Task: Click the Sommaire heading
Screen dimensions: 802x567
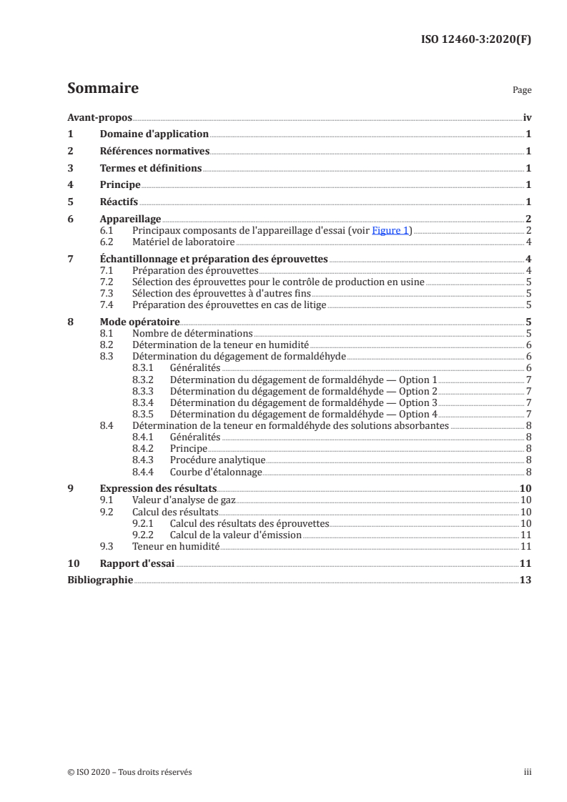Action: [x=102, y=89]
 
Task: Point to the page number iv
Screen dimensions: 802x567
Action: [x=527, y=117]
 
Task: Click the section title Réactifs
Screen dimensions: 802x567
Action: [x=119, y=202]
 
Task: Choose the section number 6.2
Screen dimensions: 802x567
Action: [x=107, y=242]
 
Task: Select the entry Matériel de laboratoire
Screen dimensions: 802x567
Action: [x=184, y=242]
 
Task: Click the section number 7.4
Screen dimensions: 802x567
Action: [x=107, y=305]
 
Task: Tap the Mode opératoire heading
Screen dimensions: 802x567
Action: [x=139, y=322]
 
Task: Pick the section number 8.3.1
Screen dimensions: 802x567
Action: [x=144, y=367]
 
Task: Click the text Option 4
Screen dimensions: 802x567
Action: [x=418, y=414]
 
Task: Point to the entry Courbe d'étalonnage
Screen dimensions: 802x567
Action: [x=216, y=472]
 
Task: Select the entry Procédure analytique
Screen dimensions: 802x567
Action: [x=217, y=460]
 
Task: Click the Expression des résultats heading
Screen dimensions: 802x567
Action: [x=149, y=489]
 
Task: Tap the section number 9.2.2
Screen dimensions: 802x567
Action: [x=144, y=535]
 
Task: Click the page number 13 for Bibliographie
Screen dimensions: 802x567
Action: [x=526, y=580]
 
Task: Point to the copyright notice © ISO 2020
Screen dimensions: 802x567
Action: [x=129, y=772]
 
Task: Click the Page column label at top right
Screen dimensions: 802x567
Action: [x=522, y=91]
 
